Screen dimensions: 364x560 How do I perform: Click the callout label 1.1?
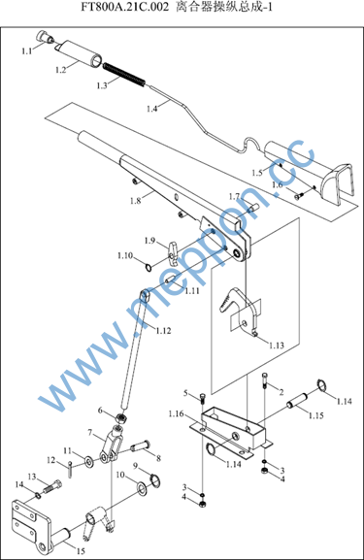[27, 51]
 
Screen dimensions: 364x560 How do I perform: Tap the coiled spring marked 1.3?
[124, 75]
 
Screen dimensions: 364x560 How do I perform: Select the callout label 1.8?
[135, 201]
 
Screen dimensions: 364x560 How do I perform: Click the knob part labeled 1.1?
[45, 37]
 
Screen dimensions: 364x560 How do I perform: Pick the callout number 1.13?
[277, 346]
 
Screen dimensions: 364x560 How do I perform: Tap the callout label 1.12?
[163, 331]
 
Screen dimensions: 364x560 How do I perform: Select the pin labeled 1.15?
[297, 401]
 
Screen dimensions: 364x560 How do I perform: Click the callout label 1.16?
[176, 413]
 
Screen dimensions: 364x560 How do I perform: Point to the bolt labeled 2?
[265, 380]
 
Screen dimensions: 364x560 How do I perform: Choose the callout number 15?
[82, 550]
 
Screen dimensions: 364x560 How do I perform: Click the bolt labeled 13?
[52, 486]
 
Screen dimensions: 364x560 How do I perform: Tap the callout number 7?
[89, 433]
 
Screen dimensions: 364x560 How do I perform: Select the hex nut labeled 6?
[121, 417]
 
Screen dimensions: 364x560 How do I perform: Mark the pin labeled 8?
[141, 446]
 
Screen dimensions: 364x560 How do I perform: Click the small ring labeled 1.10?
[149, 267]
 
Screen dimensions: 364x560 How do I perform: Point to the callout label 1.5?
[257, 173]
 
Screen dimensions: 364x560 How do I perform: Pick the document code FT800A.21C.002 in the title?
[124, 7]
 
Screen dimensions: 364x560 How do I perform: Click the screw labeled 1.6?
[299, 196]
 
